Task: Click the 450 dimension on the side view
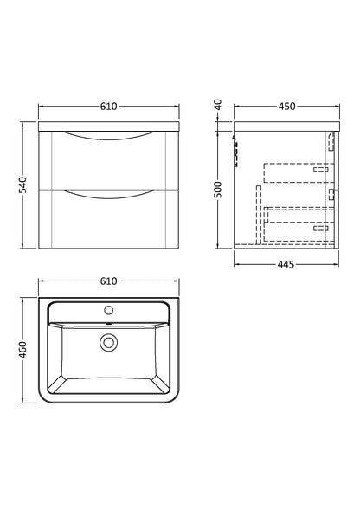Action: click(x=285, y=107)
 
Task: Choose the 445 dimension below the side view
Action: click(x=285, y=264)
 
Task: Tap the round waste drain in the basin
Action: click(x=110, y=343)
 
